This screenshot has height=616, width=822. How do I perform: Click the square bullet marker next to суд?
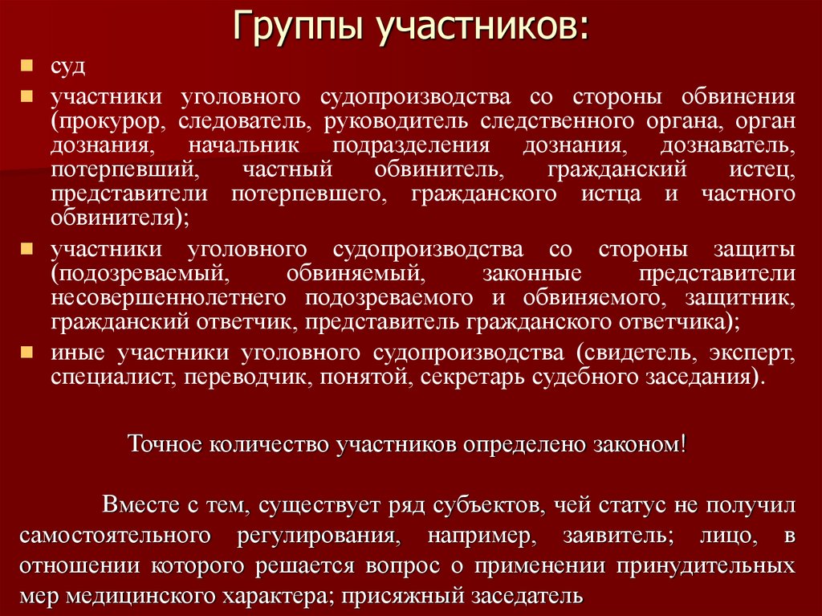(26, 63)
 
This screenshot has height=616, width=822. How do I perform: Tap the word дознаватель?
(728, 146)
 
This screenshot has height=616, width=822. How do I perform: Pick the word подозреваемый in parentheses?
(135, 273)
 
